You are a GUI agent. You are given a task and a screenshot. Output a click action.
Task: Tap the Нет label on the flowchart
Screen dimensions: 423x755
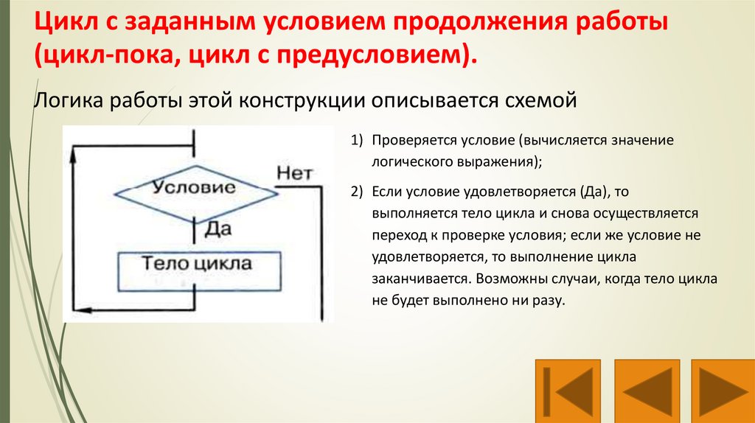click(295, 174)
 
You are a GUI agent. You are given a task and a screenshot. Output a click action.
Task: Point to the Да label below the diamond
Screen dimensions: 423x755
click(218, 228)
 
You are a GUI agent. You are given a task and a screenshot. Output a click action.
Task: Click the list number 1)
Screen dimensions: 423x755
click(358, 141)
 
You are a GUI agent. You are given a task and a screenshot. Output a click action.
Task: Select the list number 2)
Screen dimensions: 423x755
click(358, 192)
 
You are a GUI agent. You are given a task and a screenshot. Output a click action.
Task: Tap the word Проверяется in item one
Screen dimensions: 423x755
click(407, 141)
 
